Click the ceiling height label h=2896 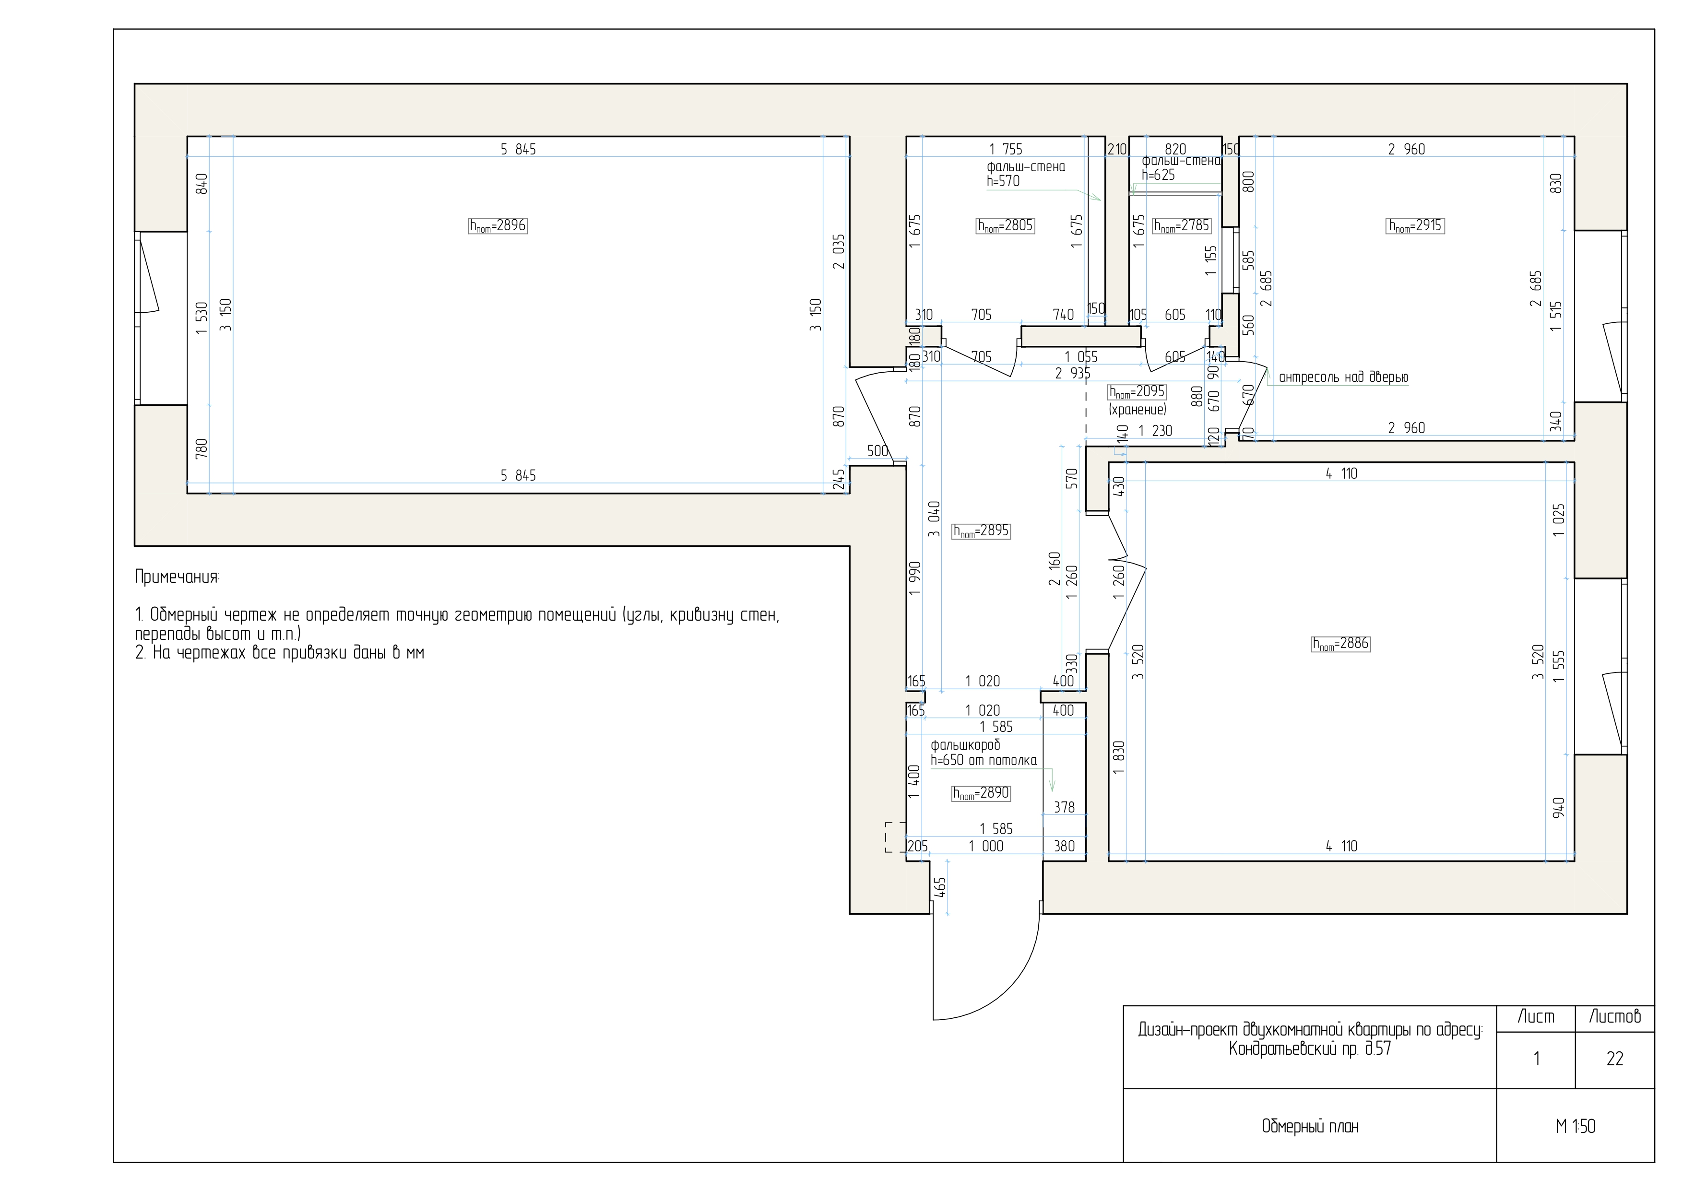(x=498, y=226)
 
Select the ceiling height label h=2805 (x=1005, y=226)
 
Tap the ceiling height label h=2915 (x=1415, y=226)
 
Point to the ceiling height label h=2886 (x=1340, y=643)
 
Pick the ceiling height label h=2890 (x=981, y=793)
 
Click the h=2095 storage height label (x=1137, y=392)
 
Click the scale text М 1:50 (x=1575, y=1126)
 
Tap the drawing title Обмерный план (x=1310, y=1126)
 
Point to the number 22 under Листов (x=1615, y=1059)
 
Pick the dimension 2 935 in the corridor (x=1072, y=374)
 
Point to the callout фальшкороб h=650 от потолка (x=984, y=753)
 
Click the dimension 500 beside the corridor (x=878, y=451)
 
